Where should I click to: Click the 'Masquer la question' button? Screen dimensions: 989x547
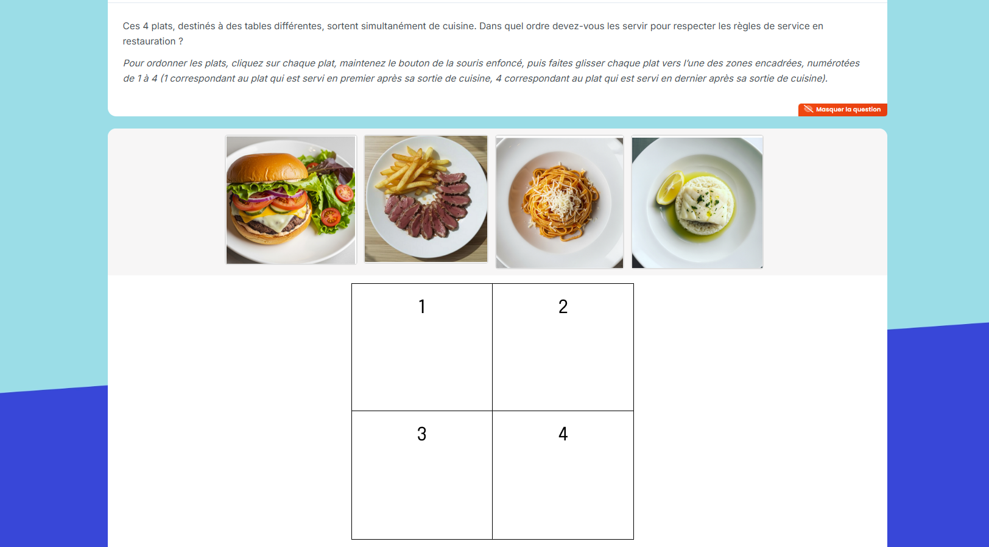click(842, 110)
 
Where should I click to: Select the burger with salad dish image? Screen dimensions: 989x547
click(291, 200)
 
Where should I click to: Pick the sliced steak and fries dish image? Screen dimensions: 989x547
click(426, 199)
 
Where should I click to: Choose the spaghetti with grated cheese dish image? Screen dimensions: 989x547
click(560, 203)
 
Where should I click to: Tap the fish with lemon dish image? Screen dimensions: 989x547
click(697, 203)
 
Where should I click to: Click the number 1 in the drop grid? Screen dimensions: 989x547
click(422, 306)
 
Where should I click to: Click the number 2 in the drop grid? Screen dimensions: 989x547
click(563, 306)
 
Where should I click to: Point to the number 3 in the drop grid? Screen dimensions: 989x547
click(421, 434)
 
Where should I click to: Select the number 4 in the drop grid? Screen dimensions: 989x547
click(563, 434)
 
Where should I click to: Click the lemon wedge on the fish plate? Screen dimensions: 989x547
click(670, 188)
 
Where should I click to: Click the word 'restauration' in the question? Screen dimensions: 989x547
click(149, 41)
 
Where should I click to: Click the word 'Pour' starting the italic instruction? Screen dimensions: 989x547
click(133, 63)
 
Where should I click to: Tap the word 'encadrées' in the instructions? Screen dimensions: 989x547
click(778, 63)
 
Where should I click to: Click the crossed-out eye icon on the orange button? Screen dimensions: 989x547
click(808, 109)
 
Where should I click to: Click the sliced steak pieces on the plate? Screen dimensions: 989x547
click(428, 210)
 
